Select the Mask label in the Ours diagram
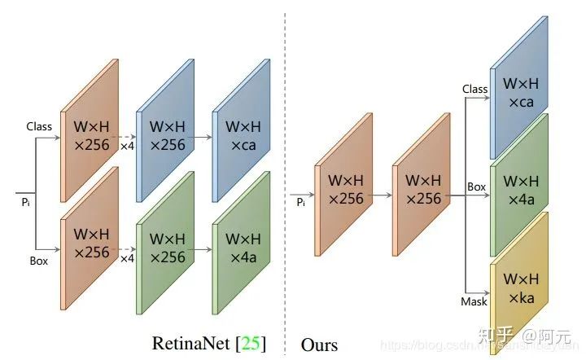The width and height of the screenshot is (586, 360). (474, 301)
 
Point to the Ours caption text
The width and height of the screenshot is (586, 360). (319, 345)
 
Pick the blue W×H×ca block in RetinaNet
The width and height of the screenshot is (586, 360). (242, 134)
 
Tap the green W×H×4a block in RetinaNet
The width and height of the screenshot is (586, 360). (242, 247)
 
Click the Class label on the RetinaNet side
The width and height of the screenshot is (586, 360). (39, 127)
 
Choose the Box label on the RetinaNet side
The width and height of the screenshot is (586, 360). (38, 262)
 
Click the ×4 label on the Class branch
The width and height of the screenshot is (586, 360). (127, 147)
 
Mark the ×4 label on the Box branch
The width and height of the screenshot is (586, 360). (127, 258)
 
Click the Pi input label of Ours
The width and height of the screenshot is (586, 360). (301, 200)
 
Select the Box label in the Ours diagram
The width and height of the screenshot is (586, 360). (476, 187)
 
